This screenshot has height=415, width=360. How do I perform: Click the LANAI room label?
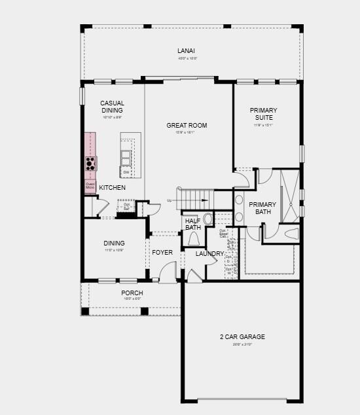pyautogui.click(x=186, y=50)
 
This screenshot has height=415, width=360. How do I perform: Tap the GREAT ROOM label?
pyautogui.click(x=187, y=125)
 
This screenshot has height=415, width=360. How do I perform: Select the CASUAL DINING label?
pyautogui.click(x=112, y=107)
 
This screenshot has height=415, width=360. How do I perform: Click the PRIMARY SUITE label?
pyautogui.click(x=264, y=114)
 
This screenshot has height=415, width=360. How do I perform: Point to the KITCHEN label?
pyautogui.click(x=112, y=188)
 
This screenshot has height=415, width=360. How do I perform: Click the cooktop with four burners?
pyautogui.click(x=90, y=163)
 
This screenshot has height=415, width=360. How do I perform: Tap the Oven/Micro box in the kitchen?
pyautogui.click(x=90, y=187)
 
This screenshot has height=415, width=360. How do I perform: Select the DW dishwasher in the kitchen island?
pyautogui.click(x=125, y=172)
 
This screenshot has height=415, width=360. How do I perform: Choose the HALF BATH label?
pyautogui.click(x=192, y=225)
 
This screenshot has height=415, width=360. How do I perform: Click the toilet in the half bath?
pyautogui.click(x=193, y=238)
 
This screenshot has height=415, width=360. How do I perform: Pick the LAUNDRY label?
pyautogui.click(x=209, y=253)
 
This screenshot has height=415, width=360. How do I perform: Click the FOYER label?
pyautogui.click(x=162, y=252)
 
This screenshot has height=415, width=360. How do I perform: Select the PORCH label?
pyautogui.click(x=132, y=293)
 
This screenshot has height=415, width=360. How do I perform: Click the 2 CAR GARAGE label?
pyautogui.click(x=242, y=336)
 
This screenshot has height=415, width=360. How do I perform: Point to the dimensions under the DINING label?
pyautogui.click(x=114, y=250)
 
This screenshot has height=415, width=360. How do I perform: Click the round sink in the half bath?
pyautogui.click(x=209, y=219)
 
